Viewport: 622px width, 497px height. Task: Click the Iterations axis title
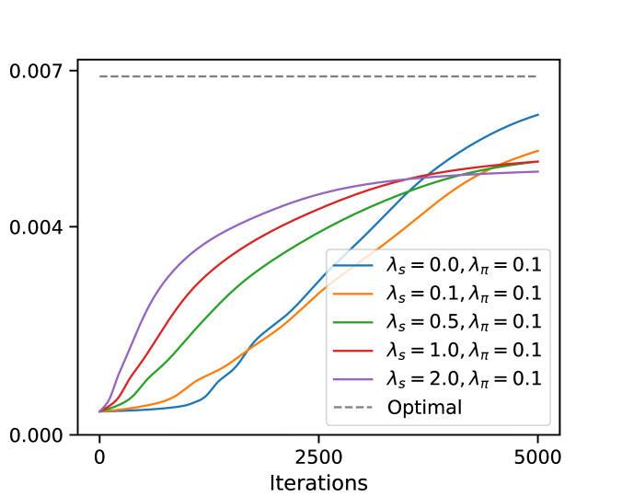(318, 482)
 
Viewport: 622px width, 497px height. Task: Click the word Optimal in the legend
(425, 407)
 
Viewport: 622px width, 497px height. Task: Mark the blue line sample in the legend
(353, 266)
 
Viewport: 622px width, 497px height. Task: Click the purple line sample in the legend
(353, 378)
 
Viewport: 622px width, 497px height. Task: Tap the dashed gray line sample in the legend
(353, 407)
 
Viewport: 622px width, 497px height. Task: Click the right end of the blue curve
(537, 115)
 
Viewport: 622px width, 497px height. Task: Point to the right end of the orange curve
(537, 151)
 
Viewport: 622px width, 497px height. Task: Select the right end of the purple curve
(537, 171)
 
